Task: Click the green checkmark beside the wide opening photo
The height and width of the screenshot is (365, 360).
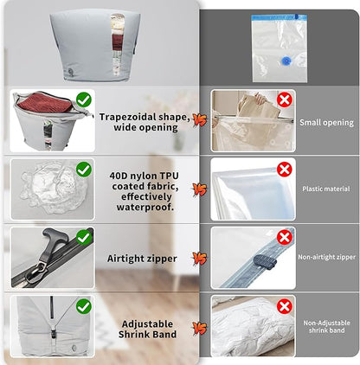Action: click(x=84, y=99)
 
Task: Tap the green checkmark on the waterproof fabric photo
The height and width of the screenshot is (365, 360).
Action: click(x=84, y=170)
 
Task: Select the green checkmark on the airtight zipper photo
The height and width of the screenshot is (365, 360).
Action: click(x=84, y=237)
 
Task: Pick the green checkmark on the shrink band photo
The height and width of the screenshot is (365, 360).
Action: click(x=84, y=305)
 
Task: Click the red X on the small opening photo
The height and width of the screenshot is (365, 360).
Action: click(x=285, y=100)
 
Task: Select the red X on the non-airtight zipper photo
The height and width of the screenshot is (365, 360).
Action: click(x=285, y=237)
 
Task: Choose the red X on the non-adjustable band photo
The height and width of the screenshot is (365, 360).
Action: click(x=285, y=305)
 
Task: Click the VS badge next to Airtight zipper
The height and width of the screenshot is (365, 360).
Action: click(x=199, y=258)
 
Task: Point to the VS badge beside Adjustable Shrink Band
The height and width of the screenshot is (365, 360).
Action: click(x=199, y=328)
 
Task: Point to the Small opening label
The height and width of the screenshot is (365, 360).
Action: click(x=326, y=123)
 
